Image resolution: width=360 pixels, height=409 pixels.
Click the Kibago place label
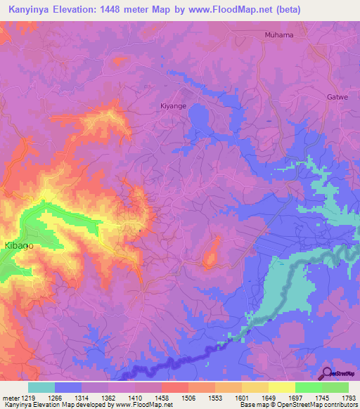[19, 246]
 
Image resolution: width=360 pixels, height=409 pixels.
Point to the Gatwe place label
[337, 99]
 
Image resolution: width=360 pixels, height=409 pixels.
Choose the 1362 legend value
[108, 398]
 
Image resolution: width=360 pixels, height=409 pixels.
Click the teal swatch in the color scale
[41, 387]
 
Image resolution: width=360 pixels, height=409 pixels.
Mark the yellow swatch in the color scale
[281, 387]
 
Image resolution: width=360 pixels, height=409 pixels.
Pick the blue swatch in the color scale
[68, 387]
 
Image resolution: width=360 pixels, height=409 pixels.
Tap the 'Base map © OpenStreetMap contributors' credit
[297, 405]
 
